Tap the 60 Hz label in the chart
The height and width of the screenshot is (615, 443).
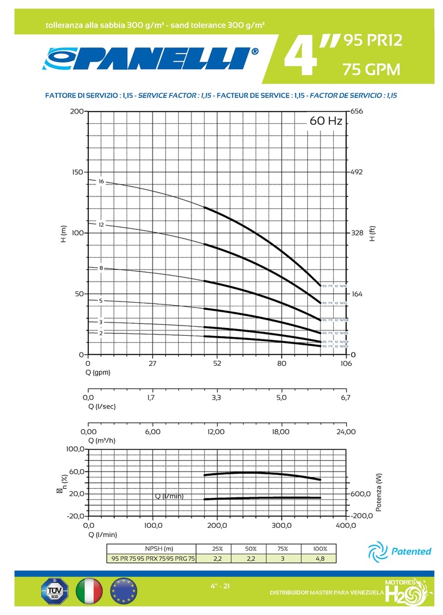[325, 121]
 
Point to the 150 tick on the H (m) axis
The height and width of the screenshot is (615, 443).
[77, 172]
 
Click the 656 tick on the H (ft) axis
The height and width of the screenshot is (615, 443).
[358, 112]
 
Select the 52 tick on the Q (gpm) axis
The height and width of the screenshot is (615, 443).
[217, 363]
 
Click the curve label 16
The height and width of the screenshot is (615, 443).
[101, 181]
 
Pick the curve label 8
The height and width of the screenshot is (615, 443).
[101, 268]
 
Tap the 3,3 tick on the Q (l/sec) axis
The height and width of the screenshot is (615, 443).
[217, 397]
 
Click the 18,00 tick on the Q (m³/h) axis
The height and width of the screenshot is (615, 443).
[281, 431]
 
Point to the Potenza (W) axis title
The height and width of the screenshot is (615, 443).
[379, 492]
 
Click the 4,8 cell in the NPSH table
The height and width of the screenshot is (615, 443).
[320, 558]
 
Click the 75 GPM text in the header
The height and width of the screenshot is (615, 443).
[371, 70]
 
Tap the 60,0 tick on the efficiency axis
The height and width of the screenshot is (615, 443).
[76, 471]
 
